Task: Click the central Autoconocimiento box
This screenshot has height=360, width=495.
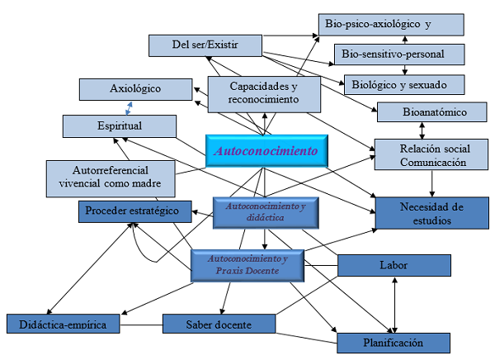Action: pyautogui.click(x=266, y=151)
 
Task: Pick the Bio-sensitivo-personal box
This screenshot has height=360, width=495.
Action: pyautogui.click(x=400, y=54)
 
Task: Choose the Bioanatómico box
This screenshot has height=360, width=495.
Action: pyautogui.click(x=423, y=111)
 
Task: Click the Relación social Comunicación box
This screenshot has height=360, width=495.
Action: pyautogui.click(x=423, y=155)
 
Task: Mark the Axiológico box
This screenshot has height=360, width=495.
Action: pyautogui.click(x=134, y=88)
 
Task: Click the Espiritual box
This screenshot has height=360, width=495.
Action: pyautogui.click(x=120, y=126)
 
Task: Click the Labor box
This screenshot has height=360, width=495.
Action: pyautogui.click(x=394, y=265)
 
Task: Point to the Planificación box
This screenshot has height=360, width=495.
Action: pyautogui.click(x=394, y=342)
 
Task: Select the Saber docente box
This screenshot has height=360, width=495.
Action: pyautogui.click(x=219, y=324)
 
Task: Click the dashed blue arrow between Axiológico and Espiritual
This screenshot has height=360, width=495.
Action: pyautogui.click(x=129, y=107)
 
